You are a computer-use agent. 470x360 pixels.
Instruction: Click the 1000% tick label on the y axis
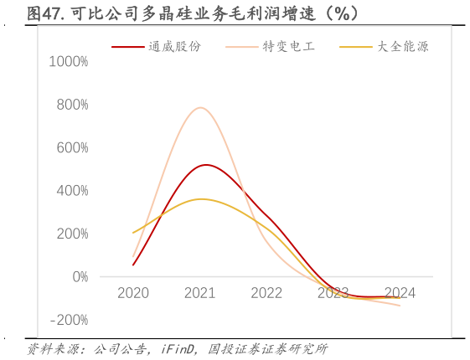[68, 62]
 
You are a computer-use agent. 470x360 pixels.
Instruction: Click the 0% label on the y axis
[79, 276]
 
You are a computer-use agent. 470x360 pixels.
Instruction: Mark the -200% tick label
[68, 320]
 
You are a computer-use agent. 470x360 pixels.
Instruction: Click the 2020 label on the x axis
[133, 293]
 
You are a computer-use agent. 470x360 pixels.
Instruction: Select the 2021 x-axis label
[199, 293]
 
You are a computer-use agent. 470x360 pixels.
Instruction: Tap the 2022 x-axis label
[266, 293]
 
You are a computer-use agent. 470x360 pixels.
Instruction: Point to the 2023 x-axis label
[333, 293]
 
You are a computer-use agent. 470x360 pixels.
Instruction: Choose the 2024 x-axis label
[400, 293]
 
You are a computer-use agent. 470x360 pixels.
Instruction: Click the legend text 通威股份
[175, 47]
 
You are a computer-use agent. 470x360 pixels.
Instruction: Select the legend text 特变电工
[289, 47]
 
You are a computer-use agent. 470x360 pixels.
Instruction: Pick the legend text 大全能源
[403, 47]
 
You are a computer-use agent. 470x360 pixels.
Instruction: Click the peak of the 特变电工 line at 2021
[200, 107]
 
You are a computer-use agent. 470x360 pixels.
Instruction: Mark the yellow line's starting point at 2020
[133, 233]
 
